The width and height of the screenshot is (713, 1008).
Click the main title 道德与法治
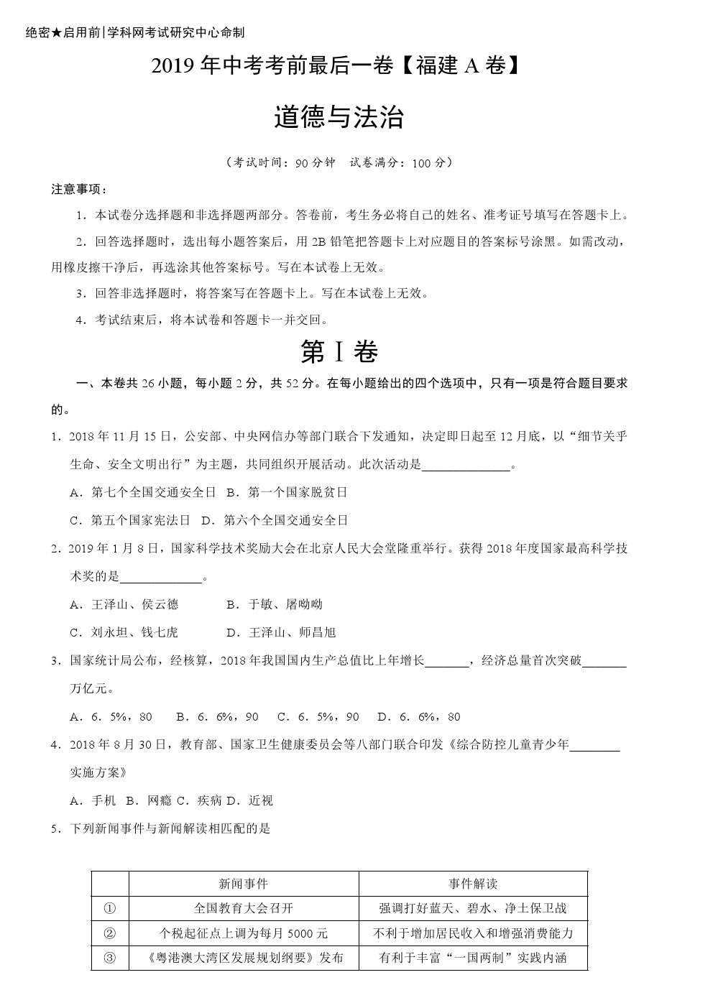pyautogui.click(x=339, y=118)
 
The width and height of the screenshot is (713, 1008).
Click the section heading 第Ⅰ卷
pyautogui.click(x=339, y=351)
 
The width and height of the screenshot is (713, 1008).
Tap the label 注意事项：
pyautogui.click(x=80, y=190)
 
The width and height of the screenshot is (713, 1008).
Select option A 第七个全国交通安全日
pyautogui.click(x=143, y=492)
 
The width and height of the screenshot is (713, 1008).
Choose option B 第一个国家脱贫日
pyautogui.click(x=287, y=492)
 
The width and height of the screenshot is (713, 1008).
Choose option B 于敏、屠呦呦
pyautogui.click(x=275, y=604)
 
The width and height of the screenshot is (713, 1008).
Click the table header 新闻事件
pyautogui.click(x=243, y=884)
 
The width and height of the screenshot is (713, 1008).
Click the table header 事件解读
pyautogui.click(x=473, y=884)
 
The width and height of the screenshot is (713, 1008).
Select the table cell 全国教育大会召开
pyautogui.click(x=243, y=908)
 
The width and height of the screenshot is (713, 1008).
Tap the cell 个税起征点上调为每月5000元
pyautogui.click(x=243, y=933)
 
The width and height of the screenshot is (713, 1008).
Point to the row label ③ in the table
pyautogui.click(x=110, y=958)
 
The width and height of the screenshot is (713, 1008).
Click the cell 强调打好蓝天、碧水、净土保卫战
pyautogui.click(x=473, y=908)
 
